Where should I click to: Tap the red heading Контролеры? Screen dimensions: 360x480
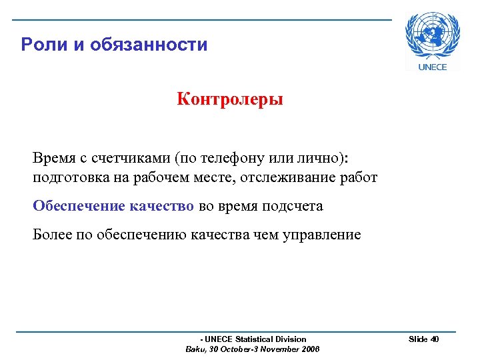230,99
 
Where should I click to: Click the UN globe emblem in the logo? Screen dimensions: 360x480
432,35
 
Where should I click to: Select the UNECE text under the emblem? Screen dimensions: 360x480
432,67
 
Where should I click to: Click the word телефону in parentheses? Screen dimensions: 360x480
233,159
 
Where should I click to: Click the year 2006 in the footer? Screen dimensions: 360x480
310,349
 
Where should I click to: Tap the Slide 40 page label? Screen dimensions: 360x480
423,339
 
